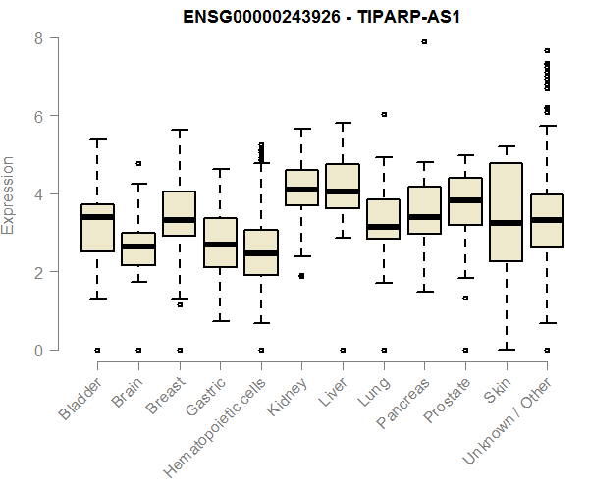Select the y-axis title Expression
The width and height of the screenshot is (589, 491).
[x=10, y=194]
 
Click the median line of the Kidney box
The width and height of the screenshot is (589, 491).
[x=301, y=190]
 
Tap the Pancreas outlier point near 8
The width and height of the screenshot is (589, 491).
[x=424, y=41]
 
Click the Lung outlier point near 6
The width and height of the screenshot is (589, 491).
[x=384, y=114]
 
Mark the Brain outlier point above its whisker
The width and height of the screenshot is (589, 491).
[x=138, y=163]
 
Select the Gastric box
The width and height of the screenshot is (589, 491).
[x=220, y=243]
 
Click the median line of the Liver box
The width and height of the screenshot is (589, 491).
[x=343, y=191]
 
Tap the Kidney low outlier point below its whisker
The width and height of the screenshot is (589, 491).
[x=301, y=276]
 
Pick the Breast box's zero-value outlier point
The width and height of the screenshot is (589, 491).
[x=180, y=350]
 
